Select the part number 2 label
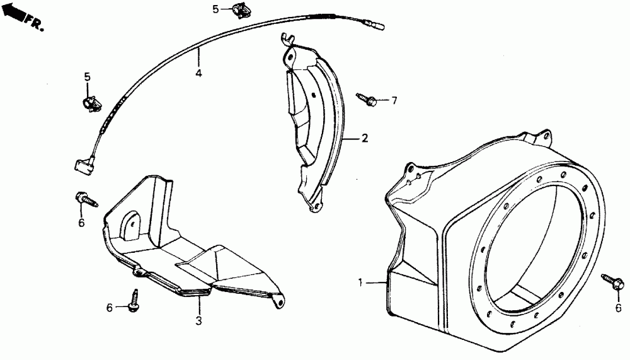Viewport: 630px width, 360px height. [x=364, y=139]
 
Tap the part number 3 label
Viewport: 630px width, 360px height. [x=198, y=320]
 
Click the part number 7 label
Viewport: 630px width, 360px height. [x=394, y=101]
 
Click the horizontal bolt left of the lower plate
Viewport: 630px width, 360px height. [x=87, y=199]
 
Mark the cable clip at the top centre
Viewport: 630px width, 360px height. [x=240, y=10]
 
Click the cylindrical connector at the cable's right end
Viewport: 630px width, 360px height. [x=377, y=26]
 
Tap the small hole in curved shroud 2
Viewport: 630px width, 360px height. [x=312, y=95]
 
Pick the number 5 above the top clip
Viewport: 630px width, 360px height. [x=215, y=9]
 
